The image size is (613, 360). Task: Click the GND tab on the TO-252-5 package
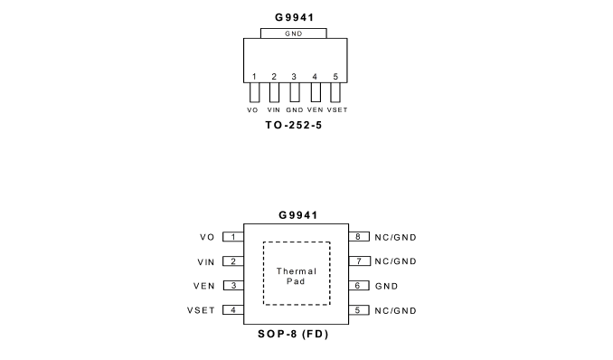point(294,33)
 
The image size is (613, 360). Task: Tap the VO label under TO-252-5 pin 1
point(252,110)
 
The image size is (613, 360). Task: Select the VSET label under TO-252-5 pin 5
point(337,110)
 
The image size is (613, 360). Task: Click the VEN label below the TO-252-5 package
point(316,110)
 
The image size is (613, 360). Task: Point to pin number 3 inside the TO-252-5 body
point(294,77)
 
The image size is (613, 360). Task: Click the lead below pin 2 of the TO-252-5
point(274,92)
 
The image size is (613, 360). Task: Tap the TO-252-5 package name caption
point(294,125)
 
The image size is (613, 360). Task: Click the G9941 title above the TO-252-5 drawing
point(295,17)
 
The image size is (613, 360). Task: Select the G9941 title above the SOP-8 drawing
point(297,215)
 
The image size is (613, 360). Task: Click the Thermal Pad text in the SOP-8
point(297,276)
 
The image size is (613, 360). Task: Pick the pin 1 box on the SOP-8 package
point(233,237)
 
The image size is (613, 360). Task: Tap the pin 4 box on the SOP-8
point(233,310)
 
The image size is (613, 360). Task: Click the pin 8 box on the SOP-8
point(359,237)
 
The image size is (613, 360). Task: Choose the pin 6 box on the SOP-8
point(359,286)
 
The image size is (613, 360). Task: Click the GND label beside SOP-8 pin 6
point(386,287)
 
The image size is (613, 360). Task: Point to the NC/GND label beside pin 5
point(396,310)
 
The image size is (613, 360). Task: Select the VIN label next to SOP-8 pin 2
point(206,262)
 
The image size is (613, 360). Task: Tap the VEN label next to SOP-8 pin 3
point(204,286)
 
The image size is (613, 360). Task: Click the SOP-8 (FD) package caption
point(293,334)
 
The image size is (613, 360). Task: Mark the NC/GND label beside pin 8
point(396,238)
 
